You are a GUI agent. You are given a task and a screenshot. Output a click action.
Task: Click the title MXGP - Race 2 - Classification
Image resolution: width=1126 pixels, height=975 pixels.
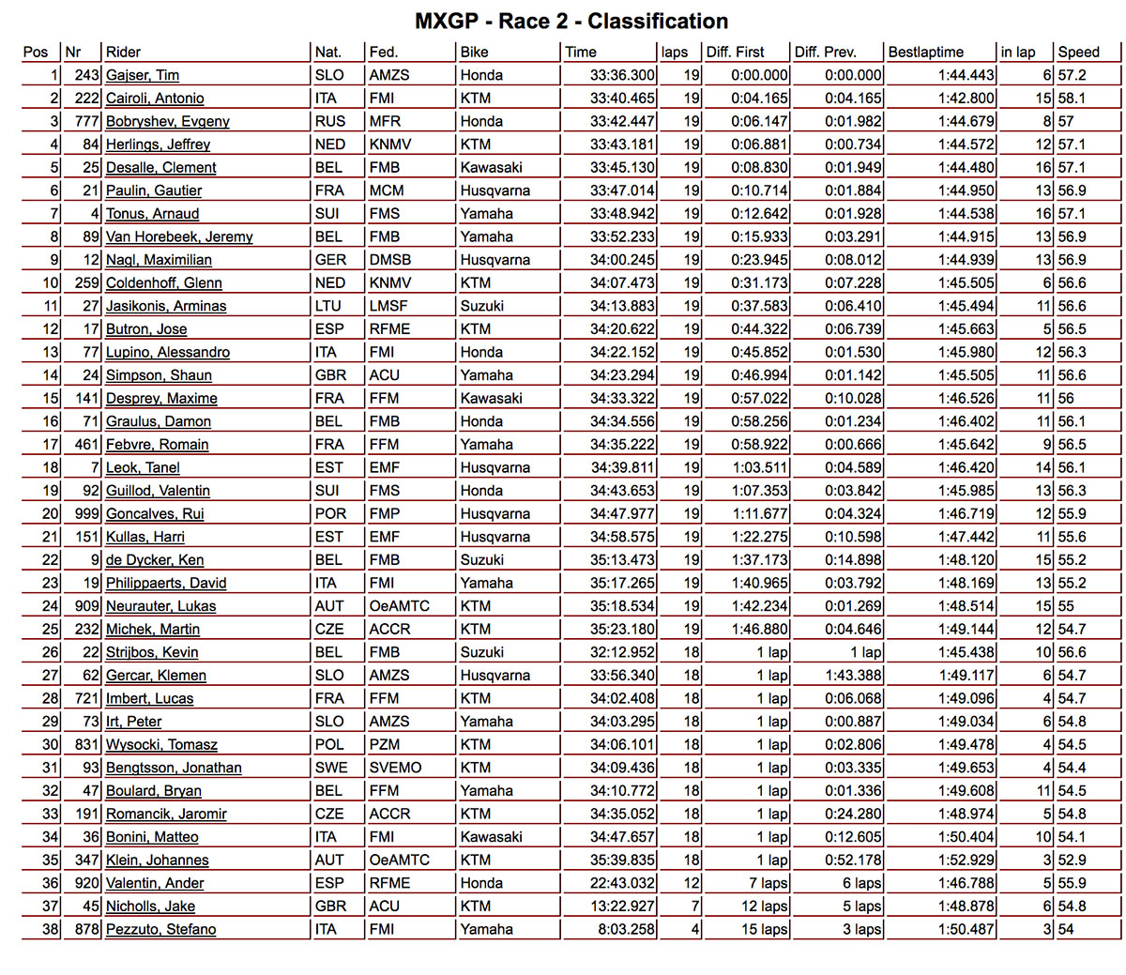coord(571,22)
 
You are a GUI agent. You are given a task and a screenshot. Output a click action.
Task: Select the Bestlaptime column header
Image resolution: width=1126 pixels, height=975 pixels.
coord(925,53)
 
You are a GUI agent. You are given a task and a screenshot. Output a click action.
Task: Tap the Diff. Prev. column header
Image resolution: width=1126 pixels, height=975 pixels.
coord(825,53)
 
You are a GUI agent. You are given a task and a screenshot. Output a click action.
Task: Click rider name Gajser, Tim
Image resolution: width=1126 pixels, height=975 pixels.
coord(143,75)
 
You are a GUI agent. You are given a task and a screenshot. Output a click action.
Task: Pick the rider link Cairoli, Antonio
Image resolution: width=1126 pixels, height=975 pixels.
coord(155,99)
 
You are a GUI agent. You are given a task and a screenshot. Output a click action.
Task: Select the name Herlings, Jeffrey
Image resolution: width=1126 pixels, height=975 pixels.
coord(158,145)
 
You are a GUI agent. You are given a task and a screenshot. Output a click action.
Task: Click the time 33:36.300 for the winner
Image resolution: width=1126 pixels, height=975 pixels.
coord(622,75)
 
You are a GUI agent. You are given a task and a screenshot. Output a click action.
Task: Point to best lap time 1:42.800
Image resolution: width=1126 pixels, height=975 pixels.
coord(966,99)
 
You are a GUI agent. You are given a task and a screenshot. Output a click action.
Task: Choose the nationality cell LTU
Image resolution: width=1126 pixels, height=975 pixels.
coord(329,306)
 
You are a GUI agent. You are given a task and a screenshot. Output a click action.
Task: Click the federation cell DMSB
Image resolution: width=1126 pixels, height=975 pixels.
coord(390,260)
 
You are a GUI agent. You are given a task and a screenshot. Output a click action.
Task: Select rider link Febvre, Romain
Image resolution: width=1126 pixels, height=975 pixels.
coord(158,445)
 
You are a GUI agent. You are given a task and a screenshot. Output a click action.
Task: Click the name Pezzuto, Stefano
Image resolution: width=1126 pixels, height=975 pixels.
coord(161,930)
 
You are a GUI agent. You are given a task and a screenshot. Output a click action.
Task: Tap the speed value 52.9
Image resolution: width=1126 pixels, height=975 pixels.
coord(1072,861)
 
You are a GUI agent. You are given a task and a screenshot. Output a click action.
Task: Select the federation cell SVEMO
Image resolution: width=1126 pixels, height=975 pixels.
coord(395,768)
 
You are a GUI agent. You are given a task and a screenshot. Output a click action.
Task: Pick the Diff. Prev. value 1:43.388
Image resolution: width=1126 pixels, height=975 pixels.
coord(853,676)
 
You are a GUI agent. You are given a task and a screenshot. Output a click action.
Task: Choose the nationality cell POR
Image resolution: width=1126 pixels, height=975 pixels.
coord(330,514)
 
